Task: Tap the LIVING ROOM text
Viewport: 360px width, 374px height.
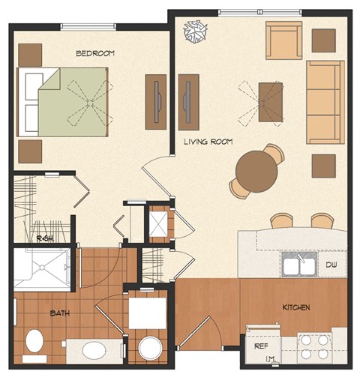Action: [208, 141]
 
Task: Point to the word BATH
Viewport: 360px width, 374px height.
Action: [60, 313]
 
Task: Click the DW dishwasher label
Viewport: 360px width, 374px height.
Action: [331, 265]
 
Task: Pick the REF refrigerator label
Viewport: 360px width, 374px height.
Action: [260, 347]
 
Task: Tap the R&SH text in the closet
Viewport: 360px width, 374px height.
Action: [44, 238]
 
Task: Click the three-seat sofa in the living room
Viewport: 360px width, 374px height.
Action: [325, 102]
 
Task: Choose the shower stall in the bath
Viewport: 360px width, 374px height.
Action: [43, 268]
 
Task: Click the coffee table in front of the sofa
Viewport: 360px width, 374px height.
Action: [271, 101]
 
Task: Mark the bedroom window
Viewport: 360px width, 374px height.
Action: [88, 27]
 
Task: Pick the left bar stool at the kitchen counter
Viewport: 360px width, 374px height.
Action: [282, 220]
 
